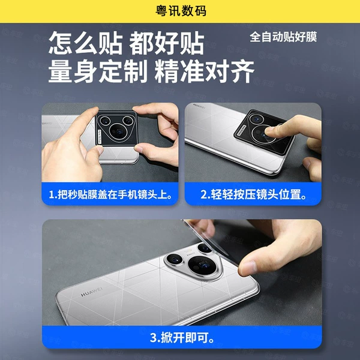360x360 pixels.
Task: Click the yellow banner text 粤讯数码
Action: (181, 11)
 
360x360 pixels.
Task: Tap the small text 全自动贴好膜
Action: (283, 37)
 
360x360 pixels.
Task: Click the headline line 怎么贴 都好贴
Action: (126, 43)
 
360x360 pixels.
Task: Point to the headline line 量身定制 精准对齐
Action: (151, 71)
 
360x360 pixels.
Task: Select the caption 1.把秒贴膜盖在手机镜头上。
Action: (110, 194)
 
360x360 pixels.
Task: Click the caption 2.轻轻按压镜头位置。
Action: (253, 194)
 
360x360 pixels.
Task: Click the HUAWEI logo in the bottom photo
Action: (91, 292)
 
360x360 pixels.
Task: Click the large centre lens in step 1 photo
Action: (118, 132)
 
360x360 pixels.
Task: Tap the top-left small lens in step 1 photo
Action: (105, 120)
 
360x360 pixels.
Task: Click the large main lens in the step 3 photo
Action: (202, 266)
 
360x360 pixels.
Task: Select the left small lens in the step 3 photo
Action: (174, 259)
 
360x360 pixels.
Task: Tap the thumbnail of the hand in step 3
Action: (247, 268)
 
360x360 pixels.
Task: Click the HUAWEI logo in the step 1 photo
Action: (47, 123)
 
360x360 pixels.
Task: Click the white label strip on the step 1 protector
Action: (100, 136)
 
